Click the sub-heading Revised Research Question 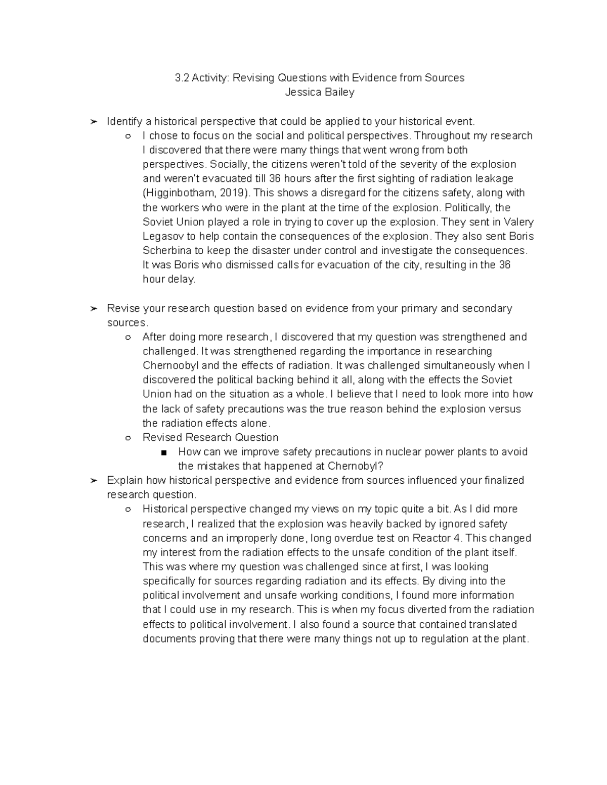(x=210, y=438)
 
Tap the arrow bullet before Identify (x=93, y=122)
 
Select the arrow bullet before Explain (x=93, y=481)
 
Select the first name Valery (x=516, y=222)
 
